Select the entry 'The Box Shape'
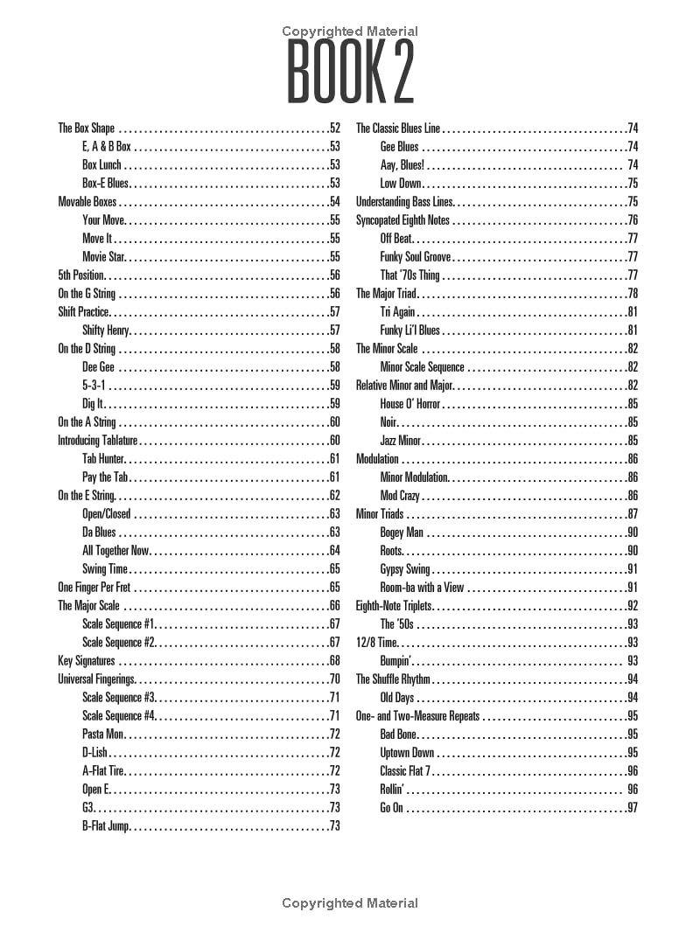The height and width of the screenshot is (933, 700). coord(87,129)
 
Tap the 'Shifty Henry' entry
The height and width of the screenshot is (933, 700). coord(106,331)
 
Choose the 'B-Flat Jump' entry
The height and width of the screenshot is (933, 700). coord(106,826)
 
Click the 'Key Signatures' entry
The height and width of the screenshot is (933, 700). coord(87,661)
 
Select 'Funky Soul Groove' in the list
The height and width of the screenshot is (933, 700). coord(416,257)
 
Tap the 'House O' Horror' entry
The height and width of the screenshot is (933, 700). coord(410,404)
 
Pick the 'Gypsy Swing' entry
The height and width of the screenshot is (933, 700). coord(405,569)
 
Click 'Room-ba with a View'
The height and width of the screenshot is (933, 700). coord(422,588)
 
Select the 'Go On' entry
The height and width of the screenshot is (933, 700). coord(391,808)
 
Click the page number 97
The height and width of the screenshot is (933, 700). coord(632,808)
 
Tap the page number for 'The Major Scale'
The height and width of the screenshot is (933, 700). coord(334,606)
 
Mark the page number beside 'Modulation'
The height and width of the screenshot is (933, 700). coord(632,459)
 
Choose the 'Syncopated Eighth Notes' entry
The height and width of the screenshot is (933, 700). coord(402,220)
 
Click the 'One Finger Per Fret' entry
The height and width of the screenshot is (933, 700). coord(94,588)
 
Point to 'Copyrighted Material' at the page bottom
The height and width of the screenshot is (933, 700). coord(350,903)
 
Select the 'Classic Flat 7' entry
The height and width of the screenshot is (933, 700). coord(406,771)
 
